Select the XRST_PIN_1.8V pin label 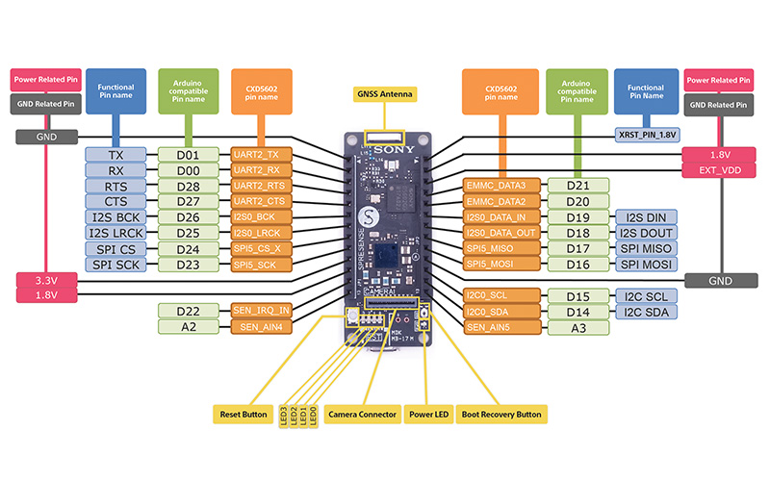click(647, 136)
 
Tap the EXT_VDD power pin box click(719, 170)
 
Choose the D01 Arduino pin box click(188, 155)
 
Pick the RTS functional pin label click(115, 186)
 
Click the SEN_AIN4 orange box click(260, 327)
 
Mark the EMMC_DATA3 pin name click(496, 186)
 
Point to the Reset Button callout click(241, 415)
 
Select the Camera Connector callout click(362, 415)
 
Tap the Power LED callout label click(428, 415)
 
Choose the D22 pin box click(188, 311)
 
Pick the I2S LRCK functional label click(115, 233)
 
